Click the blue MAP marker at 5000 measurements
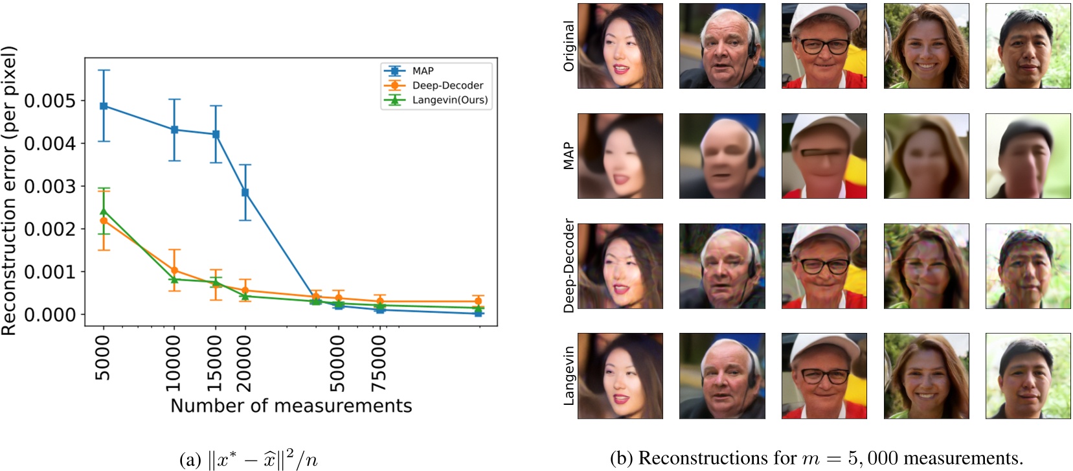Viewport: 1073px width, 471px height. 104,106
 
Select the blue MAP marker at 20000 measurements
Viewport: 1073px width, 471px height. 245,192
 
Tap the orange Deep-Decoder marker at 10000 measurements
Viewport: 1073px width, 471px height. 174,271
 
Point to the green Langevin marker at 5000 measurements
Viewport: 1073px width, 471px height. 104,211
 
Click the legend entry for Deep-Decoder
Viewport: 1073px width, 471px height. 447,86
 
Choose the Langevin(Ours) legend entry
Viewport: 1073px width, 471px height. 449,100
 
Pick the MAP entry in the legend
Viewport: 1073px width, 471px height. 423,71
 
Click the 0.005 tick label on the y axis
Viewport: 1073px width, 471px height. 50,101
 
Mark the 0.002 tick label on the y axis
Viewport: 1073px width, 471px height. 50,229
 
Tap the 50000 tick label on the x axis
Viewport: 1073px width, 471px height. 337,363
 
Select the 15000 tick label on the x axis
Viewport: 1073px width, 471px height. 216,363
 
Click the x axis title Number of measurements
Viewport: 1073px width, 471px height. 291,406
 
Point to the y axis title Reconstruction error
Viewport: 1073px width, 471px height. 9,191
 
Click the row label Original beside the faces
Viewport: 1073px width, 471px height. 569,46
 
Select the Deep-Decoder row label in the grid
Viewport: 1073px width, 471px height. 569,266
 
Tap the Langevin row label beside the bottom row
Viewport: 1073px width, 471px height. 569,376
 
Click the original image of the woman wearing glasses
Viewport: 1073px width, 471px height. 824,46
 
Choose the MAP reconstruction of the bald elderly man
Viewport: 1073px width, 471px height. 722,156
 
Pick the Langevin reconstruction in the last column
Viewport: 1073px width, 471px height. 1028,376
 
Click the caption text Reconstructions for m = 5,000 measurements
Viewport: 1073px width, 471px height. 817,458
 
